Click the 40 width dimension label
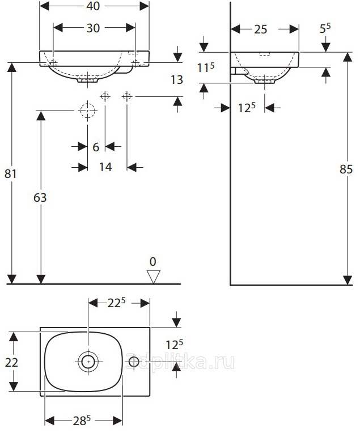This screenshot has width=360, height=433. [x=93, y=6]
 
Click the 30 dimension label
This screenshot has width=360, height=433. [x=93, y=28]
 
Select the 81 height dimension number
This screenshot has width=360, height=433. [x=11, y=173]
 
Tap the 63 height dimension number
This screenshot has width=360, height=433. [x=40, y=197]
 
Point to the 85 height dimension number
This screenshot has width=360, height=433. [x=346, y=169]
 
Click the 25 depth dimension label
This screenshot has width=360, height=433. [x=261, y=29]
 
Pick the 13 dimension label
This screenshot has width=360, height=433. [x=177, y=80]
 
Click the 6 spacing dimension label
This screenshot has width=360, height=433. [x=96, y=147]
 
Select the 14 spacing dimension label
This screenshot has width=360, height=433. [x=105, y=167]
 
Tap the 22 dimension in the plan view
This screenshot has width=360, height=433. [x=11, y=362]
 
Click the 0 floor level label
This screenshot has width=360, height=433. [x=153, y=261]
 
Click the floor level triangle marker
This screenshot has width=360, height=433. [x=153, y=277]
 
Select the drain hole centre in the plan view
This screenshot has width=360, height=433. [x=88, y=361]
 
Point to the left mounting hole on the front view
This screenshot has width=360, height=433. [x=53, y=63]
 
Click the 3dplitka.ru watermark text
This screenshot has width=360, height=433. [x=180, y=362]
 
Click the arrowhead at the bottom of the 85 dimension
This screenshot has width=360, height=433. [x=348, y=280]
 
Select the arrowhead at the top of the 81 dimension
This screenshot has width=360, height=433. [x=11, y=67]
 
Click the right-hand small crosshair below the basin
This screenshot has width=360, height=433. [x=127, y=97]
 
